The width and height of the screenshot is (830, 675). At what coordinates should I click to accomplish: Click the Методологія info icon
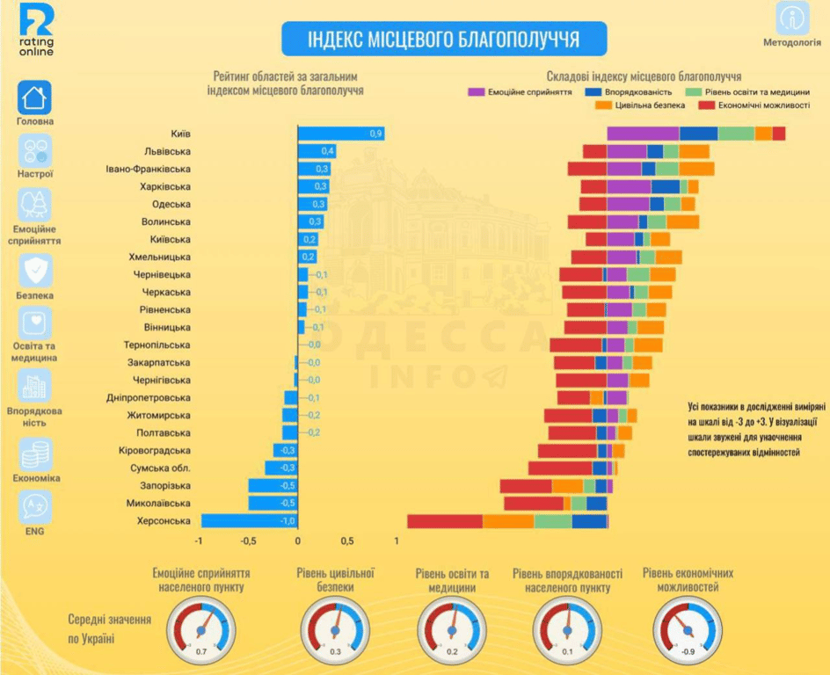pos(793,18)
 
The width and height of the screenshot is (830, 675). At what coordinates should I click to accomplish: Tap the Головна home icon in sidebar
pos(35,98)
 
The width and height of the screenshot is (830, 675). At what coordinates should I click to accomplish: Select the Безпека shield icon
pos(35,271)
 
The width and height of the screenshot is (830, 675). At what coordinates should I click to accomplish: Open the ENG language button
pos(35,507)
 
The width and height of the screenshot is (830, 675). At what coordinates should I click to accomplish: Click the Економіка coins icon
pos(35,454)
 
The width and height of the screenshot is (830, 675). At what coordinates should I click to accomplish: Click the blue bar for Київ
pos(341,134)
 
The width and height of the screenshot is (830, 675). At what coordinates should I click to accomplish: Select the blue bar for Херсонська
pos(249,521)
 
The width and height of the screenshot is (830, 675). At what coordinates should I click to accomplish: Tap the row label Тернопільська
pos(157,345)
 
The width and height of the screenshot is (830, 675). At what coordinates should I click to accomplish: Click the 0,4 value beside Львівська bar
pos(328,151)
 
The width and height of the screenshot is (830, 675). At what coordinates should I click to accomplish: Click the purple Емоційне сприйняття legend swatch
pos(477,91)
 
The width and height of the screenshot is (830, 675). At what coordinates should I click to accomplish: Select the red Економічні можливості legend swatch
pos(706,105)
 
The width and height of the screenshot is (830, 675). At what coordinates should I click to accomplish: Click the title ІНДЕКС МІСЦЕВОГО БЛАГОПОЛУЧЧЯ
pos(443,40)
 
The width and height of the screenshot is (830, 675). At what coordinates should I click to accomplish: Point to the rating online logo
pos(36,30)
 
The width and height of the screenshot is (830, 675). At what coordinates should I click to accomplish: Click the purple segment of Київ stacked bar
pos(643,134)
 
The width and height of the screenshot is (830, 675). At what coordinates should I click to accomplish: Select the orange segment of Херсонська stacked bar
pos(508,521)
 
